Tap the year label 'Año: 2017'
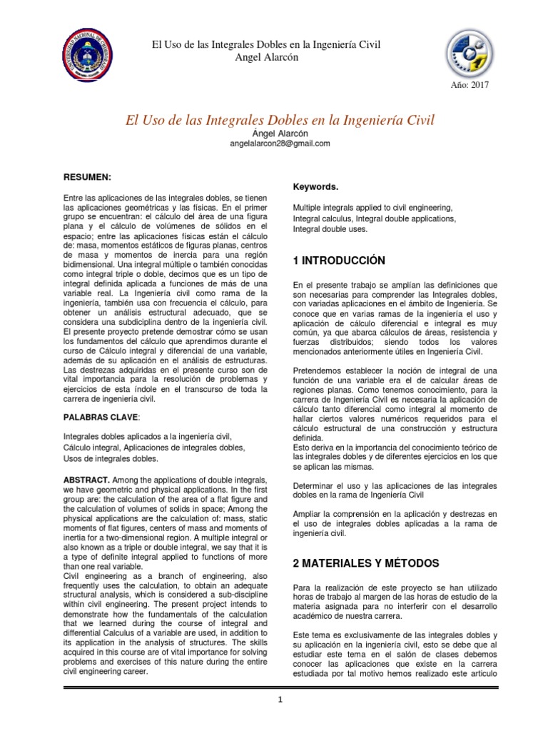tap(470, 86)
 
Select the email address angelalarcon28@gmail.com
tap(279, 143)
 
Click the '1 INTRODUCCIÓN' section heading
tap(339, 261)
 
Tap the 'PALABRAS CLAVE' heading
tap(99, 416)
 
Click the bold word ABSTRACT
tap(86, 480)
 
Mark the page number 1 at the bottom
tap(281, 700)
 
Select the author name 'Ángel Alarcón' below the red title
tap(279, 133)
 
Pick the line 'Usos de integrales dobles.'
tap(111, 458)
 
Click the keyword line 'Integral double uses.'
tap(330, 229)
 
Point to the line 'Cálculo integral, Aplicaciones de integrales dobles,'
tap(154, 447)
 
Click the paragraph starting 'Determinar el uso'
tap(395, 490)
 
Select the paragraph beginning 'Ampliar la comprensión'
tap(395, 523)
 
